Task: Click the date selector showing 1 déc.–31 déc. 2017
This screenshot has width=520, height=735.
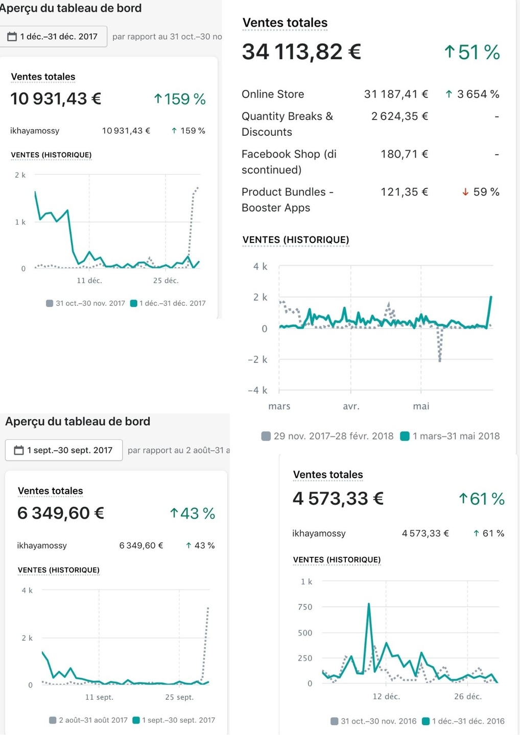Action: (x=53, y=37)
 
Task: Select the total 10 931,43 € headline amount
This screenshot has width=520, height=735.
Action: (x=56, y=99)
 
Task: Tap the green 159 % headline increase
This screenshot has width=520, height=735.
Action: (x=180, y=99)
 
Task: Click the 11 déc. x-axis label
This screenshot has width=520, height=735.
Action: (x=89, y=281)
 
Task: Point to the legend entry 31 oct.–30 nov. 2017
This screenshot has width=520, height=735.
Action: (x=86, y=303)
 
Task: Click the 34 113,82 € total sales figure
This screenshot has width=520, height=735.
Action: (x=301, y=52)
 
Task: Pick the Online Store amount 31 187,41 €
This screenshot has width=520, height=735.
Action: (x=396, y=94)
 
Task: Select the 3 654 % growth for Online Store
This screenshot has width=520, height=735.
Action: (x=472, y=94)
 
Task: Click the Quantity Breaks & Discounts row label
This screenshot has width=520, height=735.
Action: (x=287, y=124)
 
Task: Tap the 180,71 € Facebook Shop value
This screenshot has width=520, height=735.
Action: (x=404, y=154)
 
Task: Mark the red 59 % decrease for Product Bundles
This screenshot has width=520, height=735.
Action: (x=481, y=192)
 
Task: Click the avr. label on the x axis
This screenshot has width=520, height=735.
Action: (x=351, y=406)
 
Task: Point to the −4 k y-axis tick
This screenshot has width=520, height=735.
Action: (x=257, y=390)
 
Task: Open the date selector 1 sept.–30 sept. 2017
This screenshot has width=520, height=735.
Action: (x=64, y=450)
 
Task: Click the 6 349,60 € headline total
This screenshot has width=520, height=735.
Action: (x=61, y=513)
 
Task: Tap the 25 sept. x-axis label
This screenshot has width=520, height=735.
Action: (x=179, y=697)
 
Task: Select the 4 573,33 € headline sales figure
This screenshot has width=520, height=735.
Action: (x=338, y=499)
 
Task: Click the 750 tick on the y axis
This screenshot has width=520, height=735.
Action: (x=305, y=607)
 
